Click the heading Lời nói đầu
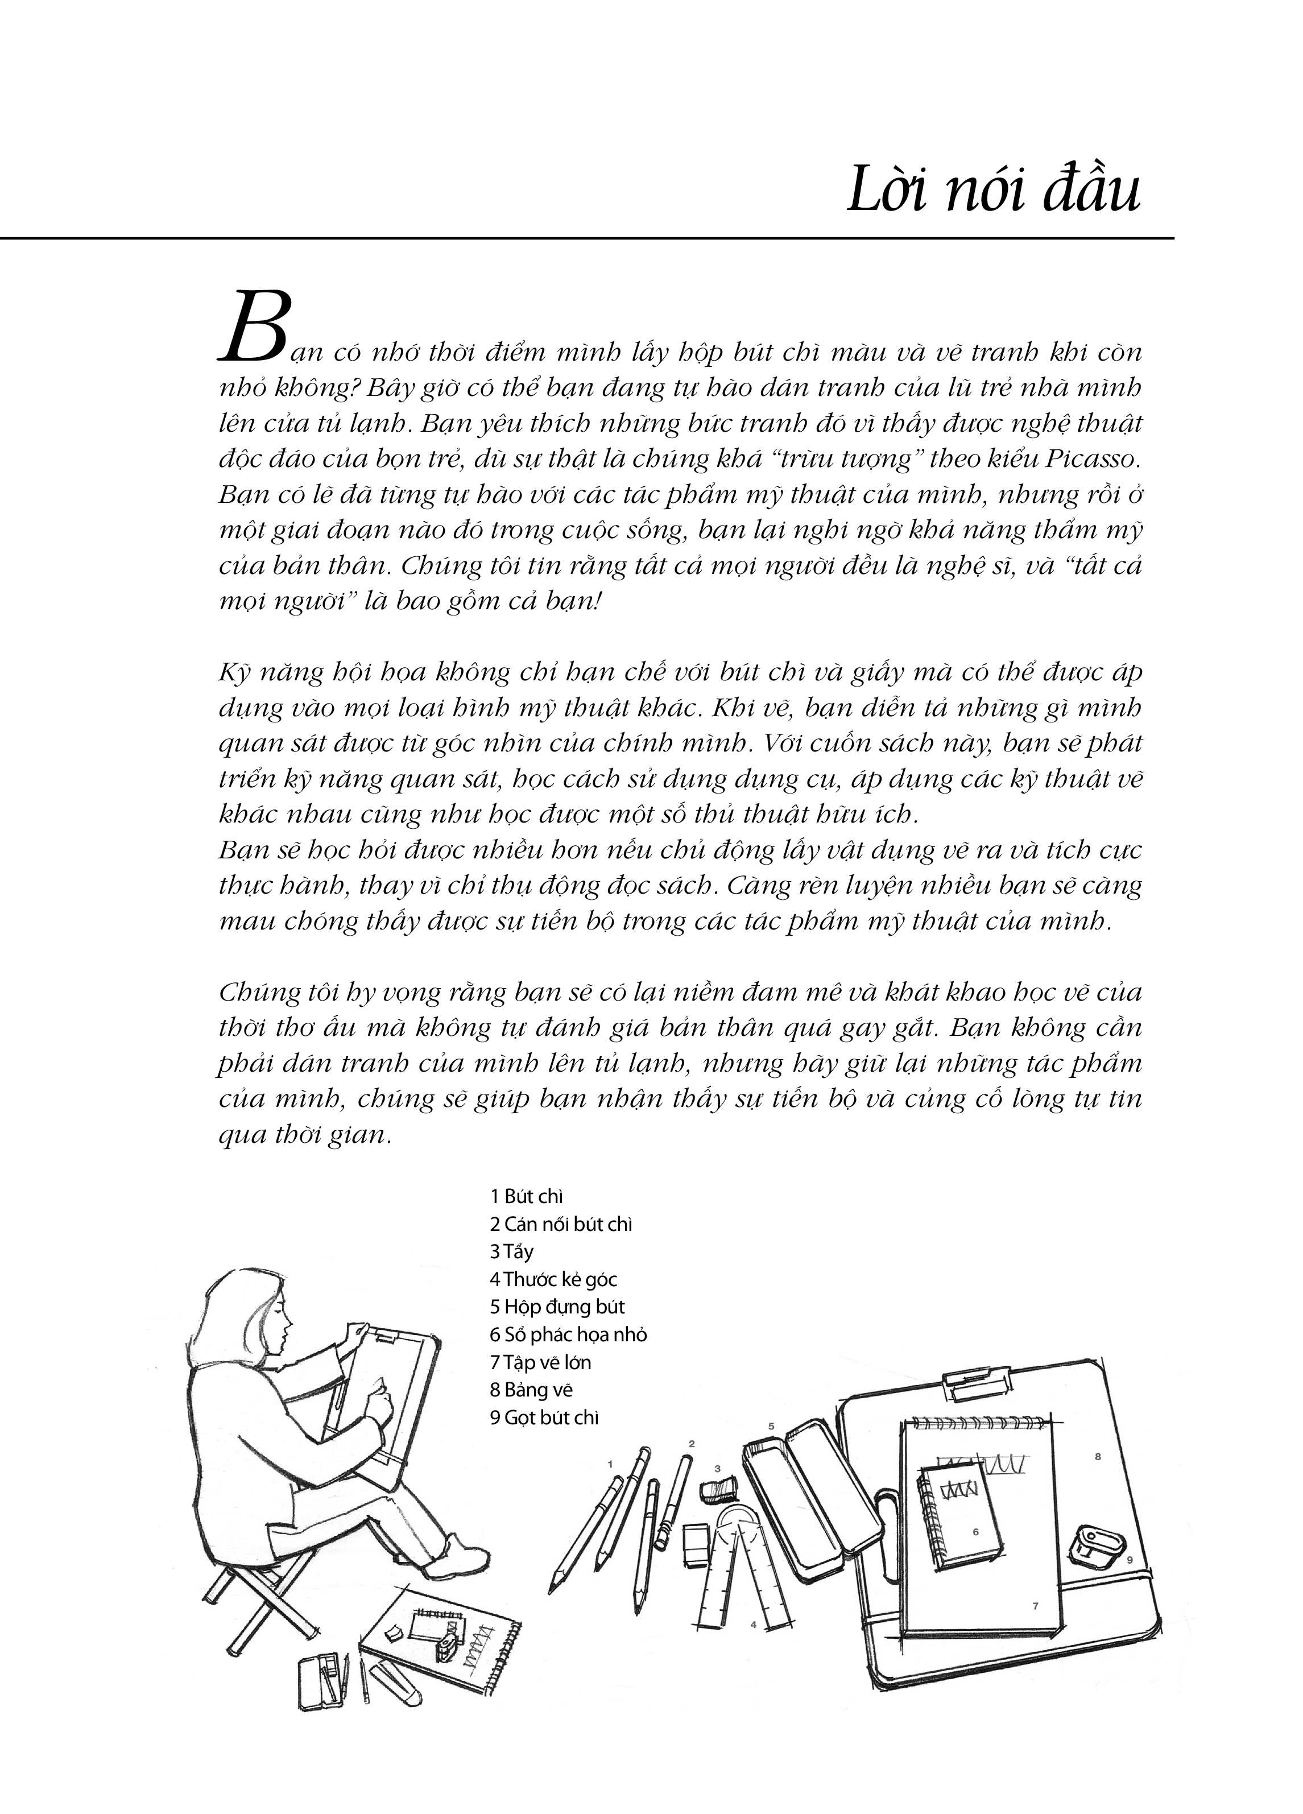click(x=992, y=189)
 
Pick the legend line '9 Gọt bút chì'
click(x=544, y=1418)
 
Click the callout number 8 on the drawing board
click(x=1098, y=1456)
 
